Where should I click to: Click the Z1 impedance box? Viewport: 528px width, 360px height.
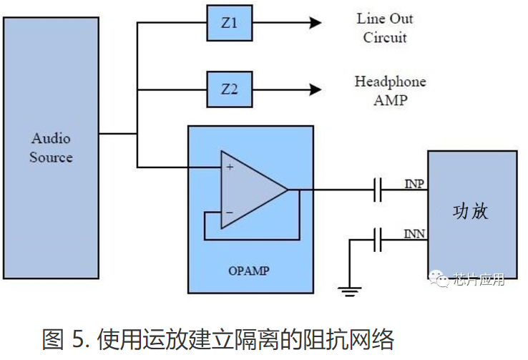coord(229,24)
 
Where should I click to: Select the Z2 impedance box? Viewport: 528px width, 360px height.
coord(229,89)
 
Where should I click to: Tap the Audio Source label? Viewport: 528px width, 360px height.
coord(51,147)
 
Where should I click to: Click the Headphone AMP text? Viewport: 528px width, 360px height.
coord(390,90)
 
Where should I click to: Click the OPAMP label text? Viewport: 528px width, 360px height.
coord(250,271)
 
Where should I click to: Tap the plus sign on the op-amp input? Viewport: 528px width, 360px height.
coord(230,167)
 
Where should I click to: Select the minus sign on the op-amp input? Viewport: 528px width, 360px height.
coord(230,213)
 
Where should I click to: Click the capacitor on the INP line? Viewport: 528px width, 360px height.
coord(378,190)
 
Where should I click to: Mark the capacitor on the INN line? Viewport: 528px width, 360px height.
coord(378,239)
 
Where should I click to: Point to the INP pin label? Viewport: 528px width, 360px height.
coord(414,185)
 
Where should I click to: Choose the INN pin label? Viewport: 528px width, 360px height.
coord(414,234)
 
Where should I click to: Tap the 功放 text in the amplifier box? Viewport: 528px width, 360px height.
coord(471,212)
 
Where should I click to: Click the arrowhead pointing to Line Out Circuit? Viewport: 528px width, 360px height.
coord(315,24)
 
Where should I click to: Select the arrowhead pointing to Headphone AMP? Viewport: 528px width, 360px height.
coord(315,89)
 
